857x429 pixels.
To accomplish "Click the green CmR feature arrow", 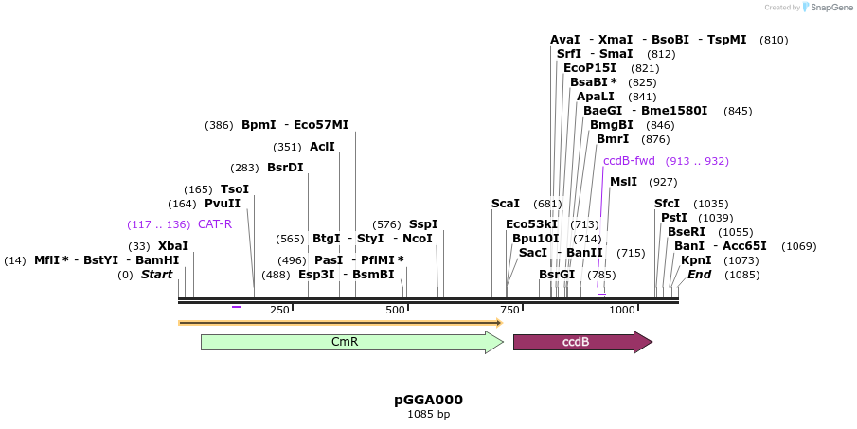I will (x=350, y=342).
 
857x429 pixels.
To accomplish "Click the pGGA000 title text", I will (x=428, y=400).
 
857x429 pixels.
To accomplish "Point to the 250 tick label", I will (x=279, y=310).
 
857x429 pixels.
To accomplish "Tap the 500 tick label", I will (x=395, y=310).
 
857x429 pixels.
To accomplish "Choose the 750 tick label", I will (x=509, y=310).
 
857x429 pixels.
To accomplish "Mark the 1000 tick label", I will (x=621, y=310).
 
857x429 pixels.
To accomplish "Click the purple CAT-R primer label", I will (x=215, y=224).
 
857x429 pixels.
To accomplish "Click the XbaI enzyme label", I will (x=173, y=246).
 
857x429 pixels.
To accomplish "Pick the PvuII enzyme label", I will (x=223, y=204).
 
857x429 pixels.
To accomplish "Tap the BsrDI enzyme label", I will (x=285, y=168).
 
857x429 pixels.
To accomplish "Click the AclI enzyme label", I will (x=322, y=147).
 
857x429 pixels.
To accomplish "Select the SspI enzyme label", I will (x=423, y=224).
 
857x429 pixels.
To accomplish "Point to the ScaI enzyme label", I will (x=505, y=204).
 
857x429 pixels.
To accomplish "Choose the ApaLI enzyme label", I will (x=595, y=97).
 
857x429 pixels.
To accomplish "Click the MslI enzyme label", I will (x=623, y=182).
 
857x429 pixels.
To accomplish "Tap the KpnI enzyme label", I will (x=696, y=260).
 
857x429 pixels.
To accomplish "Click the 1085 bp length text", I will (x=428, y=414).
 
